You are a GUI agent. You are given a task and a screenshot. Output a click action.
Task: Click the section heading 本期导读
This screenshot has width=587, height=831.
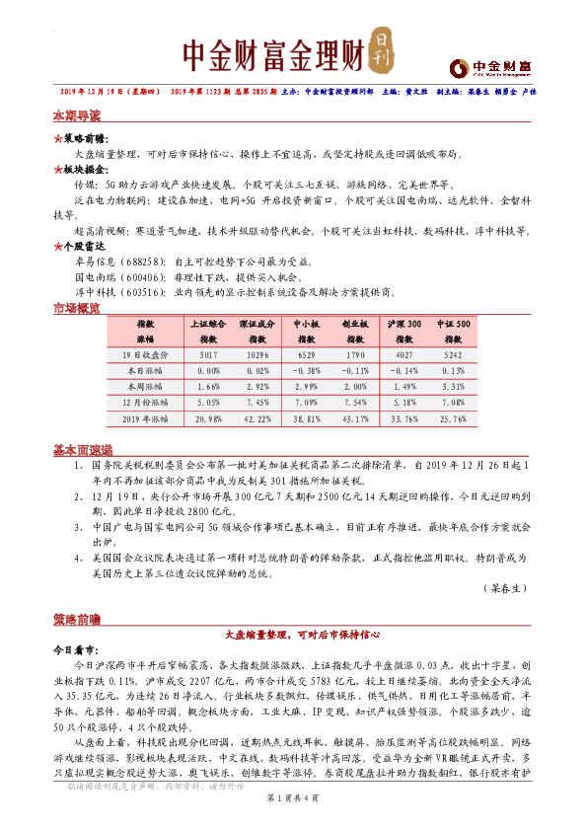click(75, 116)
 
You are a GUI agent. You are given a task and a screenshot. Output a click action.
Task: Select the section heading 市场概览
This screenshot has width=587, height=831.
click(75, 310)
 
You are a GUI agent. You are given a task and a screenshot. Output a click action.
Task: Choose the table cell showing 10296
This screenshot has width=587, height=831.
click(257, 353)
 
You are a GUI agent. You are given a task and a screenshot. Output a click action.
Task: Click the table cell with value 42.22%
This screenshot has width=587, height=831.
click(257, 420)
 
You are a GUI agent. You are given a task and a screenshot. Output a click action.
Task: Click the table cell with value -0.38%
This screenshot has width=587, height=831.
click(306, 370)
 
